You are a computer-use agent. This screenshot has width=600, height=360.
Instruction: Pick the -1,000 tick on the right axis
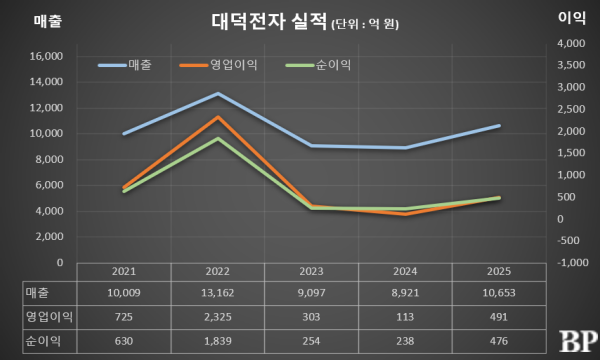570,262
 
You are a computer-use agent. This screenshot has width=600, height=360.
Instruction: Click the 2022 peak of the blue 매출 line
218,93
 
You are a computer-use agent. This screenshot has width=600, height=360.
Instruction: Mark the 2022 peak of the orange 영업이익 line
218,117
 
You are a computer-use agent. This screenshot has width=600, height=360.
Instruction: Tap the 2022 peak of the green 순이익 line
218,138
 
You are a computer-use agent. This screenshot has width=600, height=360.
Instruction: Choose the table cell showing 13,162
218,292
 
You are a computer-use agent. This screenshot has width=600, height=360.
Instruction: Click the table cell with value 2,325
218,315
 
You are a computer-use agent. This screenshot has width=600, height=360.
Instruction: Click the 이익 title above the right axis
571,19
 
